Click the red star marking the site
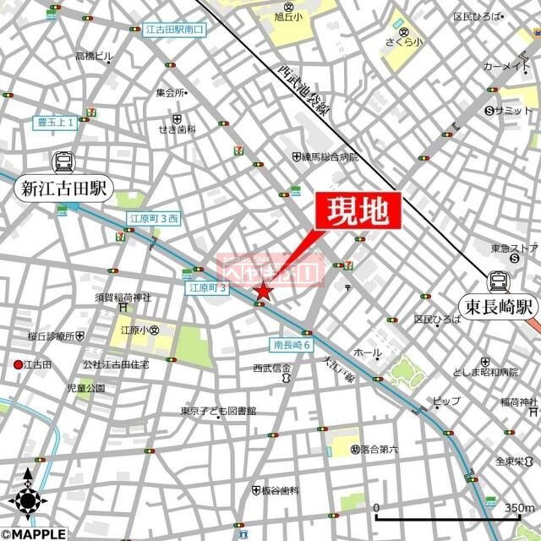click(263, 292)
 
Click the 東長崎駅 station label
click(498, 306)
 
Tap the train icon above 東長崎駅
click(498, 281)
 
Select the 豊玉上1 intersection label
click(57, 122)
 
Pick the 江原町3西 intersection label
click(153, 219)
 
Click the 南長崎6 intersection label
click(292, 346)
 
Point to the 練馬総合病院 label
click(331, 157)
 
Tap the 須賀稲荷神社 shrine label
click(123, 298)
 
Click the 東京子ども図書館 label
click(217, 412)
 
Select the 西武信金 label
click(272, 369)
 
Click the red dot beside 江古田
click(18, 364)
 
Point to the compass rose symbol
click(27, 499)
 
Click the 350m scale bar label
click(518, 507)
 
